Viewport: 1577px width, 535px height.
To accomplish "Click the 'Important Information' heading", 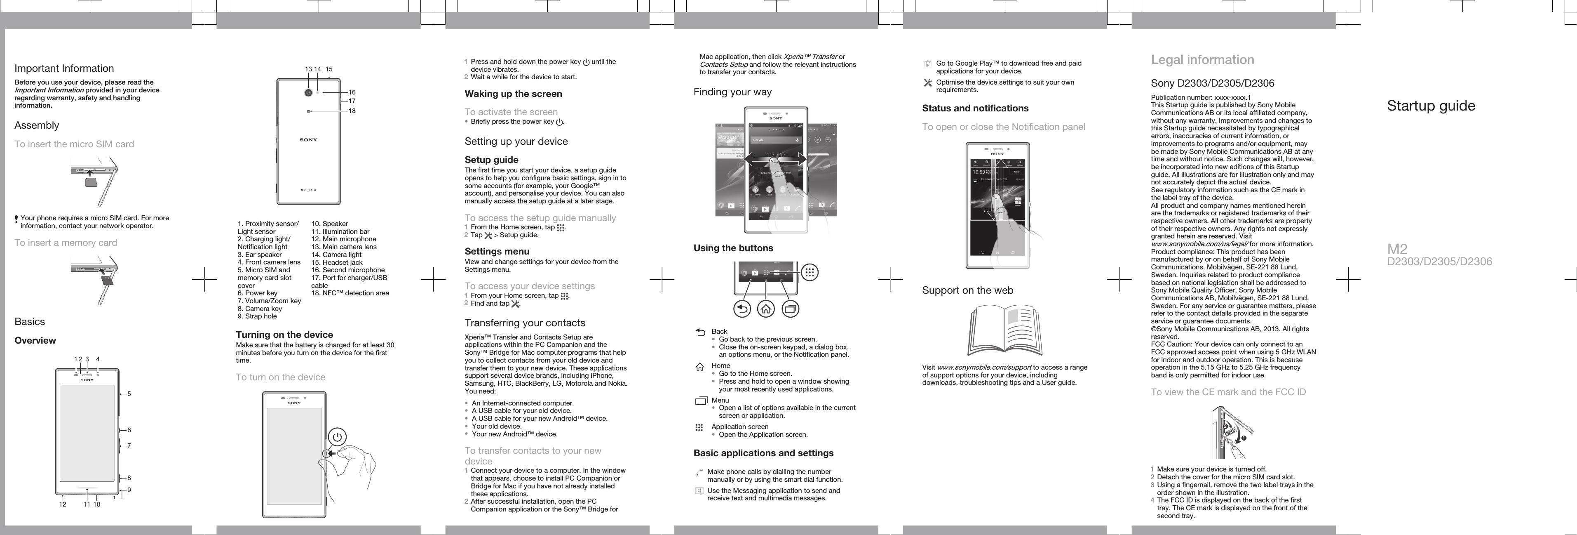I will (64, 68).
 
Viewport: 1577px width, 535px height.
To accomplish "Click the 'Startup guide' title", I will (1431, 106).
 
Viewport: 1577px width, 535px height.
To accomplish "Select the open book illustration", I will (1004, 332).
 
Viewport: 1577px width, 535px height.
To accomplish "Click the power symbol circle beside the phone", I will (337, 437).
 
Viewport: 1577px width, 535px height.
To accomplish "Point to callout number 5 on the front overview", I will (129, 394).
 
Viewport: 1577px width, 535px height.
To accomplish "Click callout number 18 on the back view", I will (352, 111).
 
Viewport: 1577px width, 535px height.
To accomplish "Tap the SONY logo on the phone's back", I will (309, 140).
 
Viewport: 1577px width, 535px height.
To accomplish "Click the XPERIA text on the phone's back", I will (309, 190).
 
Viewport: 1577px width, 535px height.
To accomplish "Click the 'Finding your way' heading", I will (732, 92).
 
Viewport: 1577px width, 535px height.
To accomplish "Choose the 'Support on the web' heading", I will (967, 290).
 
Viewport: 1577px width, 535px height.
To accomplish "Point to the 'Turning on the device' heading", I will (285, 335).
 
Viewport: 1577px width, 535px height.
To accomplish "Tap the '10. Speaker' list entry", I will (329, 224).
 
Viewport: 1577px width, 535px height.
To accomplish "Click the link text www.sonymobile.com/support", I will (984, 368).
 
